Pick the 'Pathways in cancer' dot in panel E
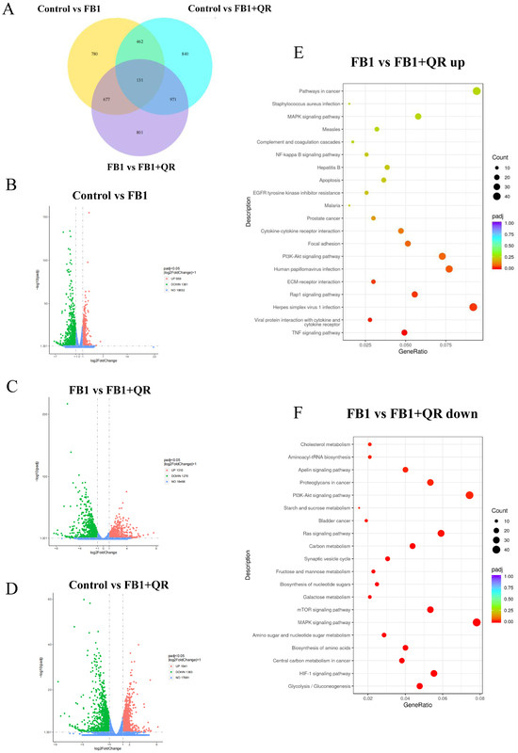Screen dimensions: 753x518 pos(477,90)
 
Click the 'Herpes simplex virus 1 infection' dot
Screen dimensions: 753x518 pos(473,307)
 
